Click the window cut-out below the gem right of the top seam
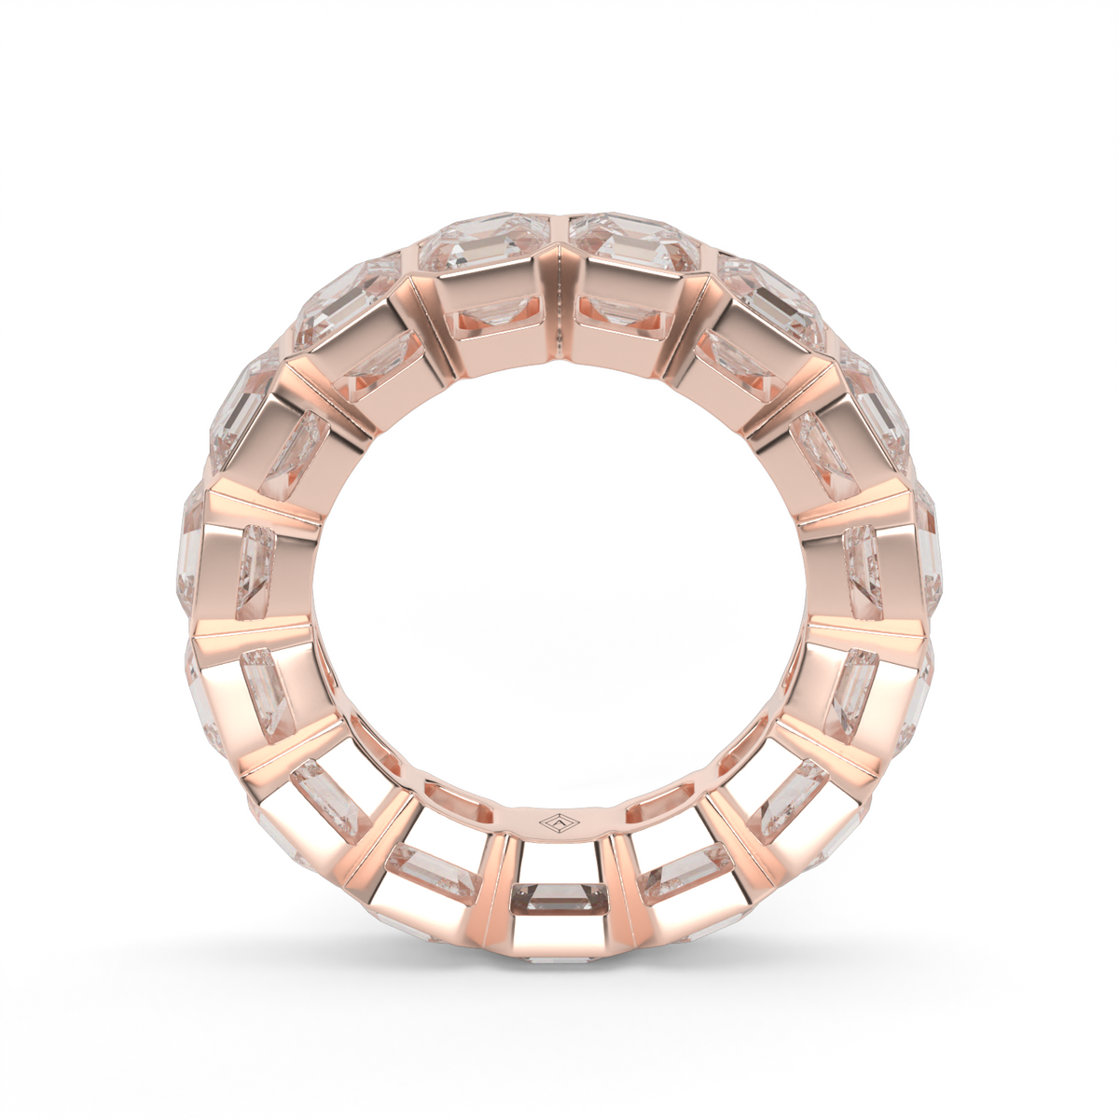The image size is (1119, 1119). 623,318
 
